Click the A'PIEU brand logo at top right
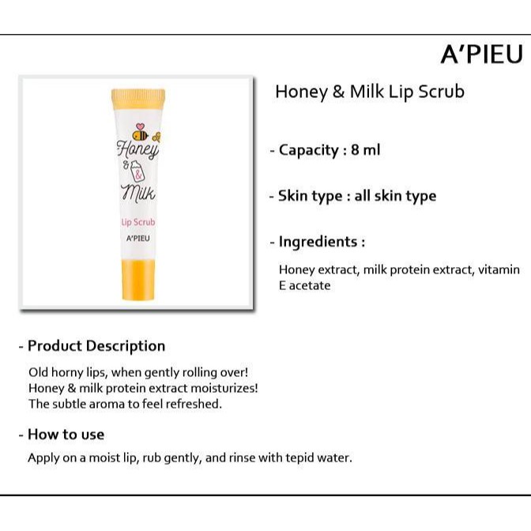(482, 54)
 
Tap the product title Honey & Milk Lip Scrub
(370, 92)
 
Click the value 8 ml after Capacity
(366, 149)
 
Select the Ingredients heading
(322, 242)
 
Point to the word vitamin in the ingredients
(499, 269)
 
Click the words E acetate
(304, 285)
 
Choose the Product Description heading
(96, 346)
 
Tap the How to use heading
(66, 435)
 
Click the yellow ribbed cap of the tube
(138, 97)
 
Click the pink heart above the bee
(140, 126)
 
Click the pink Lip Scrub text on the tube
(138, 222)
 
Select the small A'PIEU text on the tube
(137, 239)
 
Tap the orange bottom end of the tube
(138, 280)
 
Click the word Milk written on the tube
(138, 194)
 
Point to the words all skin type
(395, 196)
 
